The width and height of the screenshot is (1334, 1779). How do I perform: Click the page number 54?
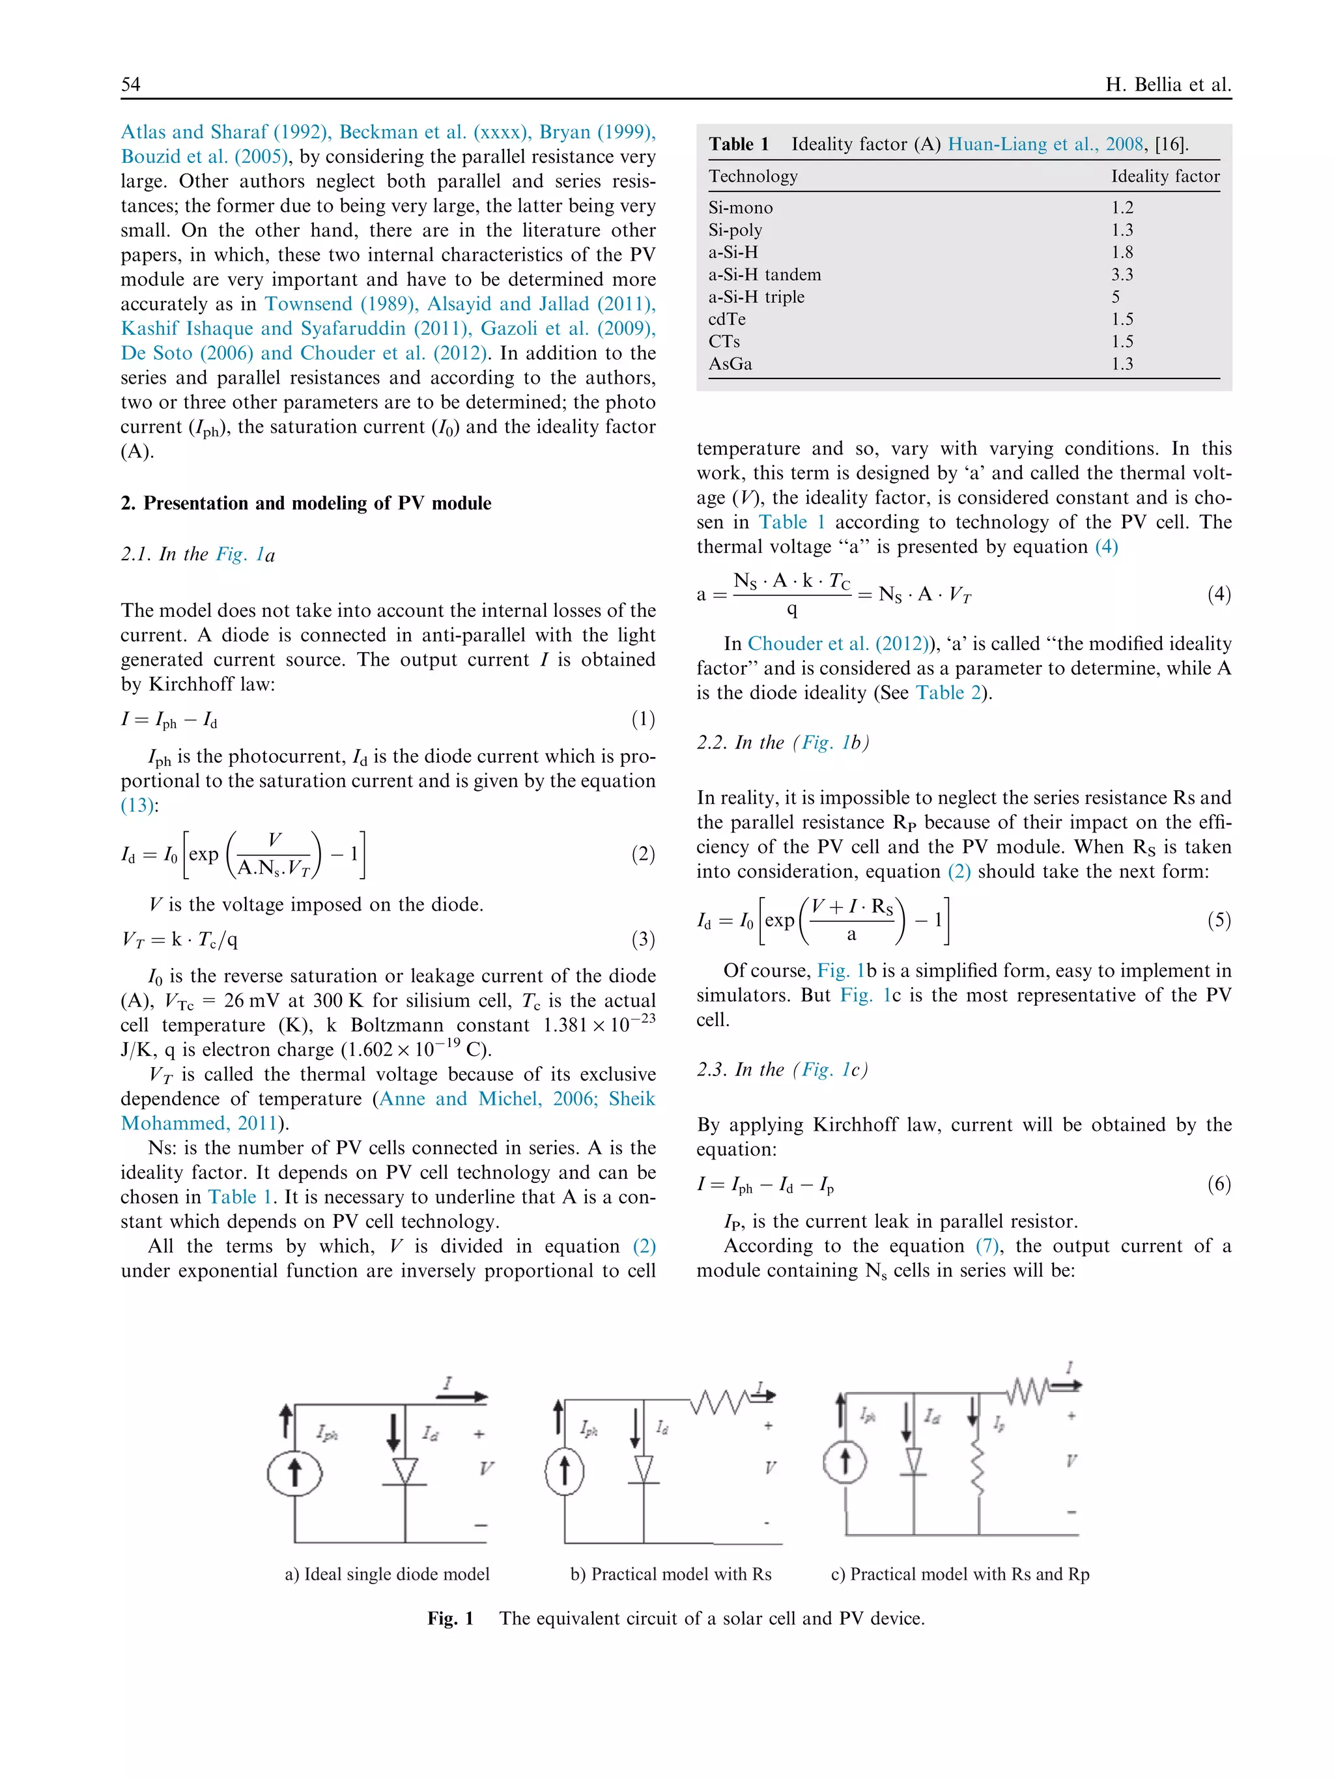(x=130, y=85)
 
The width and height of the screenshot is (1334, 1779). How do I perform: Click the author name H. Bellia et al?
(x=1167, y=85)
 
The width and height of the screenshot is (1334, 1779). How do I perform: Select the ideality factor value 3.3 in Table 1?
(x=1122, y=274)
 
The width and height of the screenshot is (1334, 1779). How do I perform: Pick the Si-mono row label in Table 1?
(x=740, y=208)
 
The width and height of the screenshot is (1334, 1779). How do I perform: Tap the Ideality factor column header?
(x=1165, y=176)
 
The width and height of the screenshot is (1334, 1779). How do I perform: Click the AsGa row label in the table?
(x=730, y=363)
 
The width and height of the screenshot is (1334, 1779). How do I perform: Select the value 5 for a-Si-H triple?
(x=1115, y=297)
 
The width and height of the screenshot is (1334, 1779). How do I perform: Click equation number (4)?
(x=1218, y=593)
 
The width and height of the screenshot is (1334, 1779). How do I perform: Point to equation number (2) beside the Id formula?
(x=642, y=853)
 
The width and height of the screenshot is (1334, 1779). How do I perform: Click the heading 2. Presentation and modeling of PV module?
(x=305, y=504)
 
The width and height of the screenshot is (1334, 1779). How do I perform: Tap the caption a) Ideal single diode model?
(x=387, y=1574)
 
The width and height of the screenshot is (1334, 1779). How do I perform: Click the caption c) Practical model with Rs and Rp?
(x=959, y=1574)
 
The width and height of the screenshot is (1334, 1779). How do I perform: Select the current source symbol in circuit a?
(x=295, y=1473)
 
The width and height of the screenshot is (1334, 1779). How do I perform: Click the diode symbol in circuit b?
(x=644, y=1468)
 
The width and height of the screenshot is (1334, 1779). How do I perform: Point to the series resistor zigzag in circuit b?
(x=720, y=1402)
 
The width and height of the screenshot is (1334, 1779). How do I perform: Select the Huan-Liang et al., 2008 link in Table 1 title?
(x=1045, y=145)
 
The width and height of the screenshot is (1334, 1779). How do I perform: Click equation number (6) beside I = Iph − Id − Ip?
(x=1218, y=1184)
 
